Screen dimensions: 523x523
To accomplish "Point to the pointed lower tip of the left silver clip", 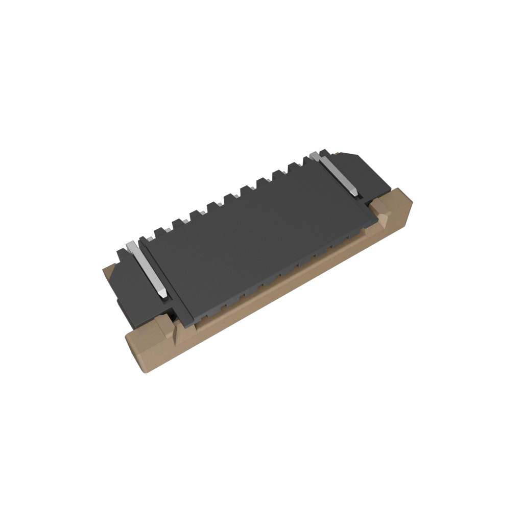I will (x=162, y=295).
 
